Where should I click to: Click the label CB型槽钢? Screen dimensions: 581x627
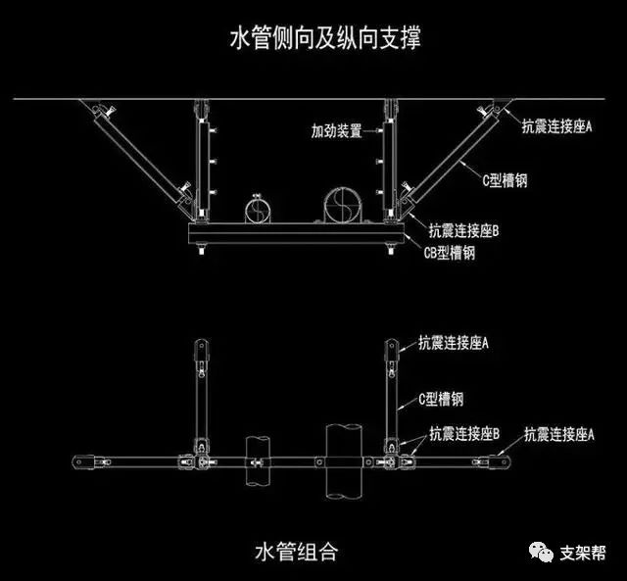(450, 253)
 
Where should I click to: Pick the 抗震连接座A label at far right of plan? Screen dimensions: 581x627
(560, 432)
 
